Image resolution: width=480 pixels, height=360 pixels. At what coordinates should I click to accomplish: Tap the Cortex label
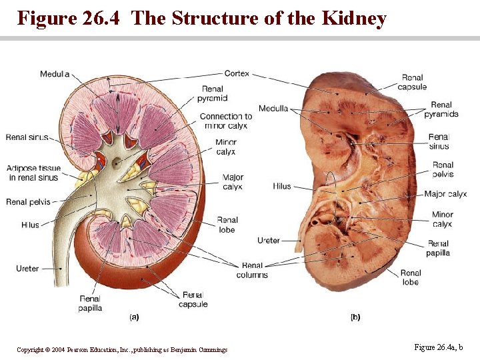tap(237, 73)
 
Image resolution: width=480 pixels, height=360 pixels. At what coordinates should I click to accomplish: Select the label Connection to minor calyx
tap(226, 121)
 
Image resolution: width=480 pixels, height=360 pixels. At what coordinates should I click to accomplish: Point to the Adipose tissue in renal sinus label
tap(33, 173)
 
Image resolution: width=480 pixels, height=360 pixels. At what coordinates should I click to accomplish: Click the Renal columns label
tap(252, 270)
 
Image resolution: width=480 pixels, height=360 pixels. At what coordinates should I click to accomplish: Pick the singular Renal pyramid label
tap(213, 94)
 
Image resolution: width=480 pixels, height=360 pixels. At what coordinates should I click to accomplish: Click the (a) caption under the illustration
tap(134, 318)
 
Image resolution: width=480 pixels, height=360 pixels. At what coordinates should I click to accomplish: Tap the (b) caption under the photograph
tap(355, 317)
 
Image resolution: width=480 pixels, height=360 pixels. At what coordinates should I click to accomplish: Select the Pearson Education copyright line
tap(122, 349)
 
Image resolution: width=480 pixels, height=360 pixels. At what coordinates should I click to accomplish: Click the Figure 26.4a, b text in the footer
tap(439, 347)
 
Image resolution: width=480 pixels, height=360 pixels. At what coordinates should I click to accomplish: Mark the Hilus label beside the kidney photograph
tap(282, 186)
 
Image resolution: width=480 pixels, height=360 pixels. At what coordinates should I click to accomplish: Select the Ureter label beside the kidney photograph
tap(269, 240)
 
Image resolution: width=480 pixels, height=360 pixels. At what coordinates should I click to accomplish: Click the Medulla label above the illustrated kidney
tap(55, 73)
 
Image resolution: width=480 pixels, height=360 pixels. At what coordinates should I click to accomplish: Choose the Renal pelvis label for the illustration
tap(26, 202)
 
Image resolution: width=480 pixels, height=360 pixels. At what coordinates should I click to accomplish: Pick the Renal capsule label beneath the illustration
tap(193, 299)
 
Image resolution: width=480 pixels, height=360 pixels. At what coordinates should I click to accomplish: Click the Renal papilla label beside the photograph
tap(439, 248)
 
